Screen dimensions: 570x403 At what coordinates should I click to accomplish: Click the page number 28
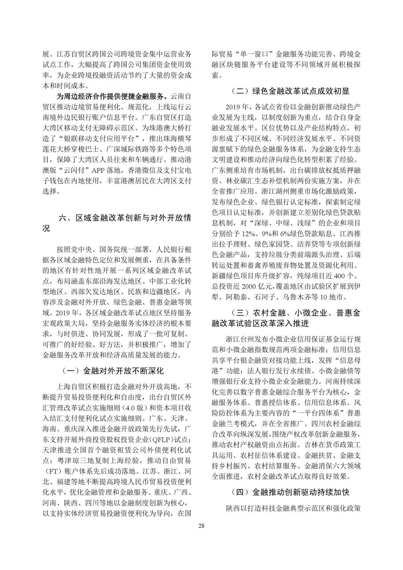coord(201,526)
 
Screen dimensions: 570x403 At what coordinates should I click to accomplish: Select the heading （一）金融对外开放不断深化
coord(112,371)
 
